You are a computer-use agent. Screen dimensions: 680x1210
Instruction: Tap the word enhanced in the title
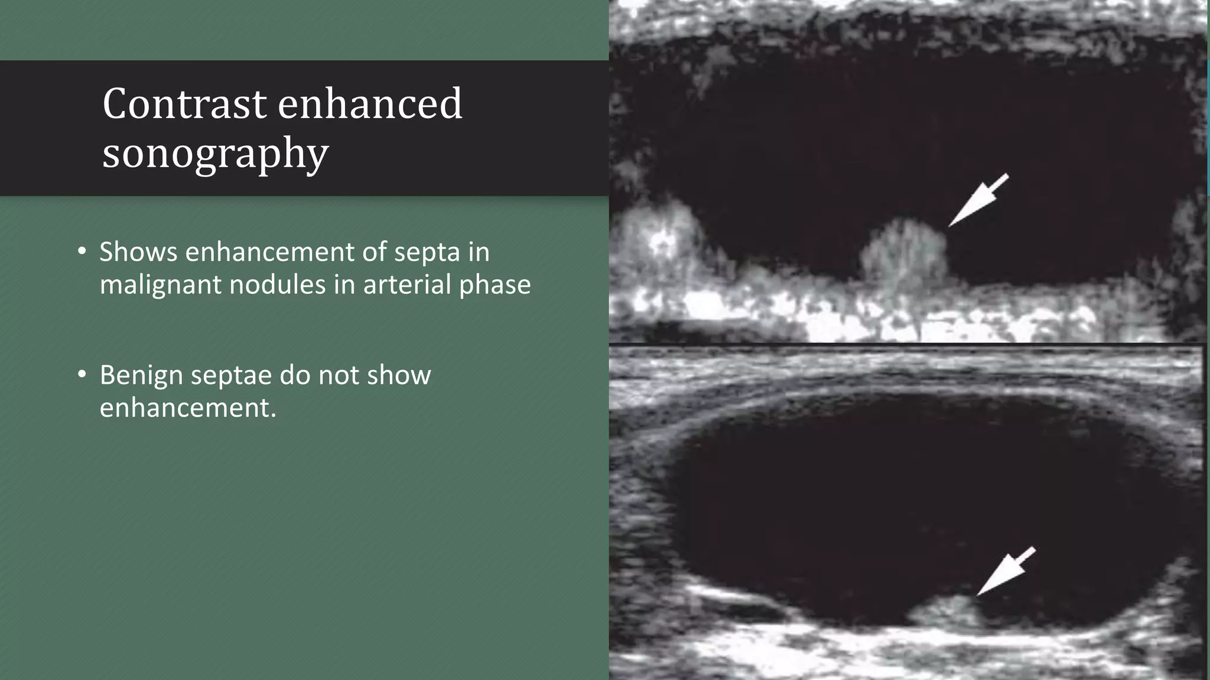click(x=370, y=104)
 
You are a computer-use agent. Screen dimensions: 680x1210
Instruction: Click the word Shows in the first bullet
click(x=138, y=252)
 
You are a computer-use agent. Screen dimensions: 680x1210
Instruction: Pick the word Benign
click(x=141, y=376)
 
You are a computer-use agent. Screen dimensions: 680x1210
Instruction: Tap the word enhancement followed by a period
click(x=187, y=408)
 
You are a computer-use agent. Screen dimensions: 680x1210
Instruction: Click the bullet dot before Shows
click(x=82, y=252)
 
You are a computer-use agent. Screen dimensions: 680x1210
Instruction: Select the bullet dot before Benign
click(x=82, y=375)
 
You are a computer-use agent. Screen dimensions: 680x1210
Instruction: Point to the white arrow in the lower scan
click(x=1004, y=572)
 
